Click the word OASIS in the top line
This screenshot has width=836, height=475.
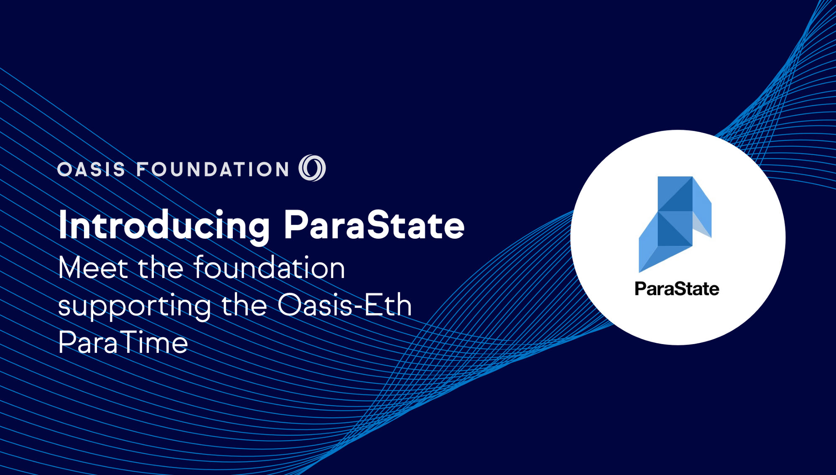[91, 169]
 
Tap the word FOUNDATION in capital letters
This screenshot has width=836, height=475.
[213, 169]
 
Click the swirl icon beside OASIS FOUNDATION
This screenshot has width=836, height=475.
[312, 168]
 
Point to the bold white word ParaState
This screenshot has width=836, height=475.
[374, 225]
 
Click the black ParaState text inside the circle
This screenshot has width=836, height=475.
[677, 289]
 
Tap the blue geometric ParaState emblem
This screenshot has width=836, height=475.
[675, 224]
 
